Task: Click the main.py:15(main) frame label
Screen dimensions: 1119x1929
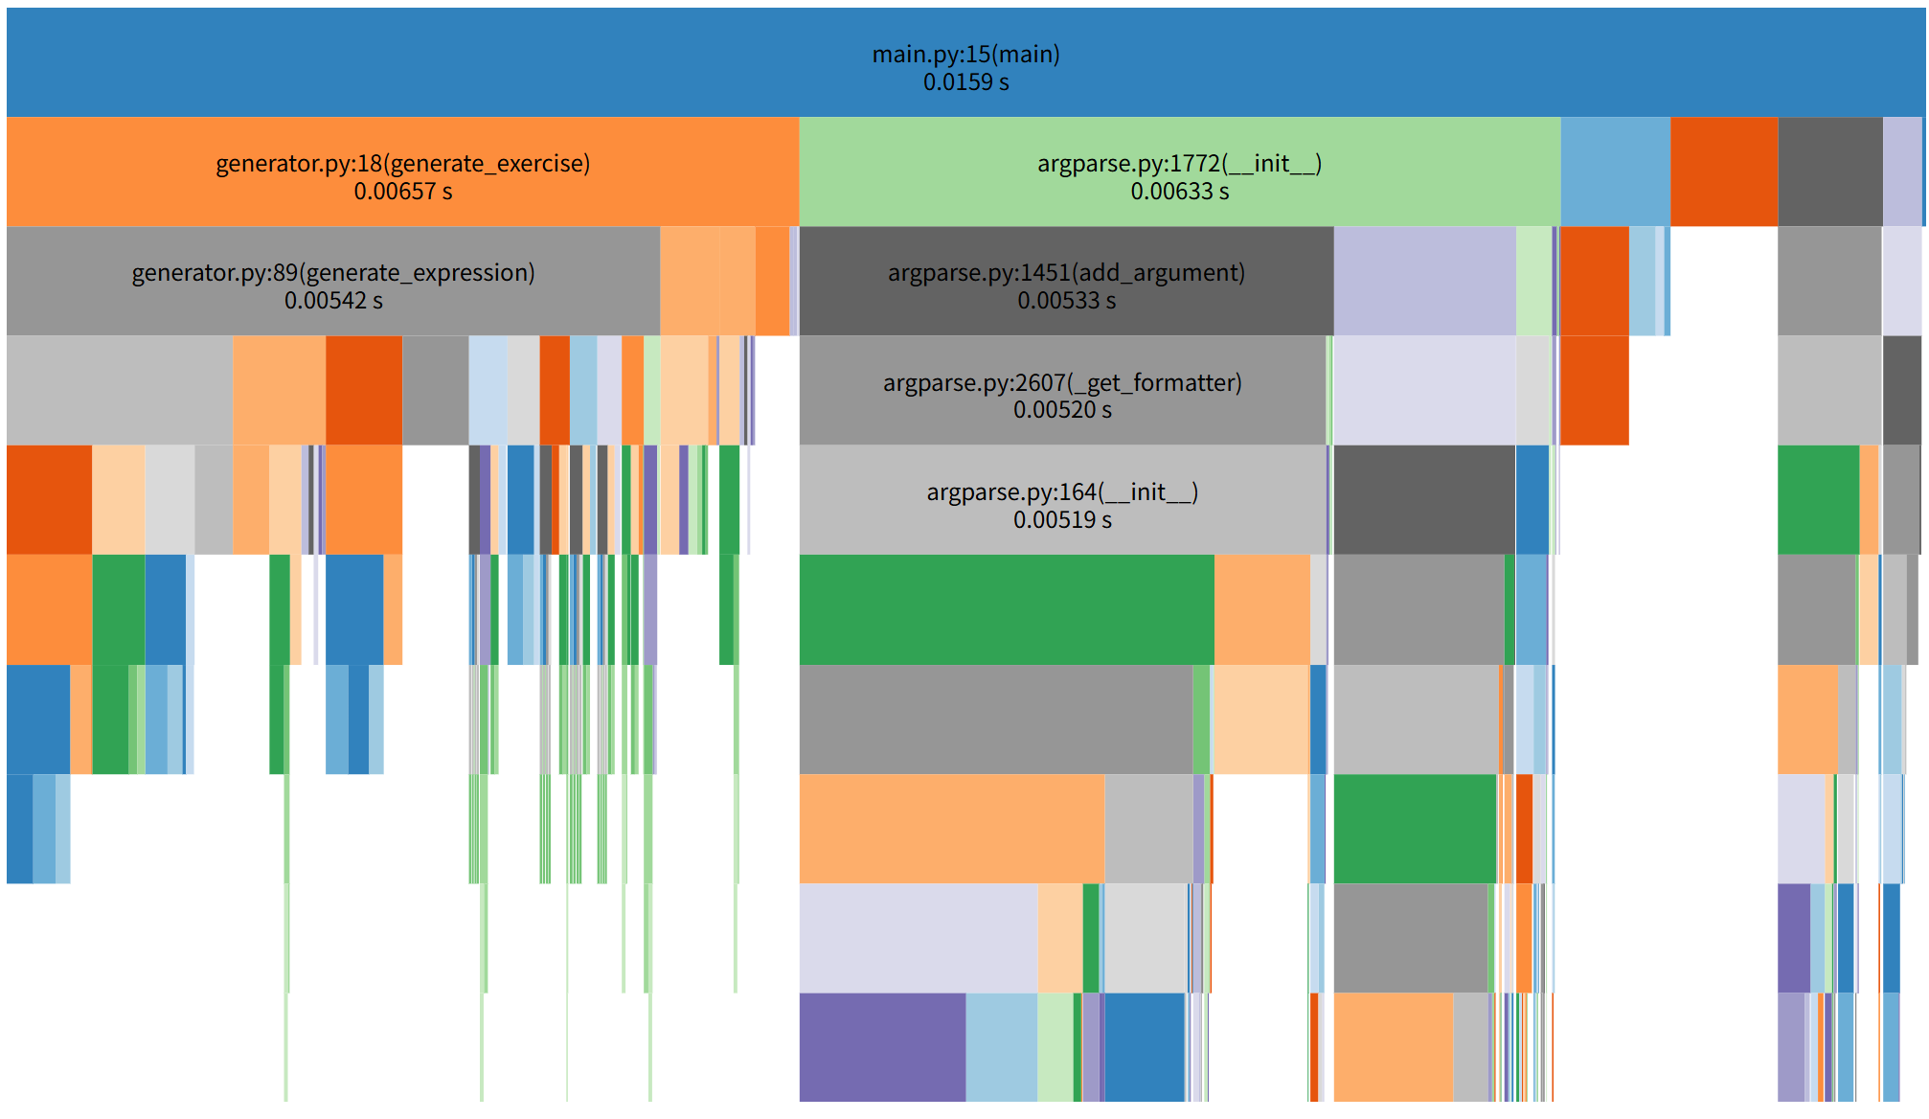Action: point(965,55)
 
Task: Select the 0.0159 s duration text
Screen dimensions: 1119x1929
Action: point(965,82)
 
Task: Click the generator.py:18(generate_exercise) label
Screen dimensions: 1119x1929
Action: point(402,164)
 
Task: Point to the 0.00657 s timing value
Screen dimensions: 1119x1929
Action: point(402,192)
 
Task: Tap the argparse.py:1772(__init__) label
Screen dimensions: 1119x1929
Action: point(1179,164)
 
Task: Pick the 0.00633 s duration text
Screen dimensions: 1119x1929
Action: point(1179,192)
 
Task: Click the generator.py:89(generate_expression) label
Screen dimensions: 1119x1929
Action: point(333,273)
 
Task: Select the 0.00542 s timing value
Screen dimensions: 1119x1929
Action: point(333,301)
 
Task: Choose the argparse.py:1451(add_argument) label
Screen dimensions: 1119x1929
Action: point(1066,273)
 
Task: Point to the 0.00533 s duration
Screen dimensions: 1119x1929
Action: point(1066,301)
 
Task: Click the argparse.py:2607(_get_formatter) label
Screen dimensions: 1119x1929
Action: point(1062,383)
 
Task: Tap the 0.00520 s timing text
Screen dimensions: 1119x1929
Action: point(1062,410)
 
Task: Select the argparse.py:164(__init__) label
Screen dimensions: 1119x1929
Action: point(1062,492)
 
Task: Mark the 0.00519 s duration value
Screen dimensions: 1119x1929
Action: point(1062,520)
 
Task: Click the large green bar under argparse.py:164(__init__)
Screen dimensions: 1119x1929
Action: point(1006,609)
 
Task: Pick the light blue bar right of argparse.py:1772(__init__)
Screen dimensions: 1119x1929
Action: point(1615,171)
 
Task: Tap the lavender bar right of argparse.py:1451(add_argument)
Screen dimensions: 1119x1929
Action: point(1424,281)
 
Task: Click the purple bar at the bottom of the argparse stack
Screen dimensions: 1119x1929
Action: point(882,1046)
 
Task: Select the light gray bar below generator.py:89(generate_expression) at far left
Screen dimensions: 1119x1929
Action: point(119,390)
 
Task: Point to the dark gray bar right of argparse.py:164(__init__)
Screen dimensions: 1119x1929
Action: point(1424,499)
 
